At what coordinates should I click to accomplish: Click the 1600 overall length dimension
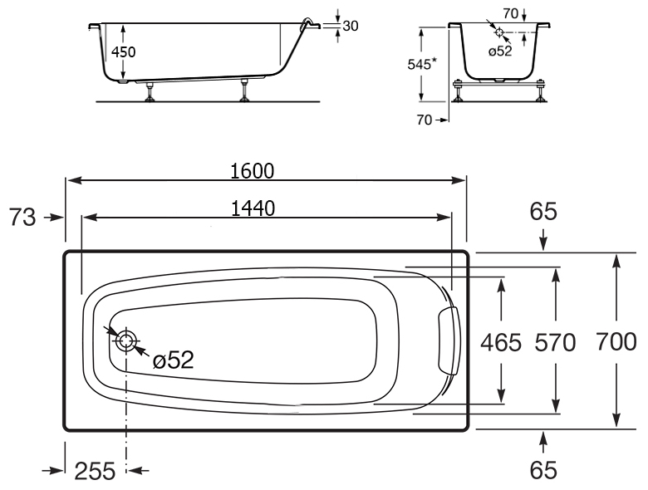point(252,171)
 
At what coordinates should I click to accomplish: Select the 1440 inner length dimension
point(253,208)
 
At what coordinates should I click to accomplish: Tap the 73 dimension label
point(22,218)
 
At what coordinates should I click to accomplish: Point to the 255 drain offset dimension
point(95,471)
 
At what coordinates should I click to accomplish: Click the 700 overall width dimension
point(616,342)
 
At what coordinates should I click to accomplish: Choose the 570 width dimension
point(555,343)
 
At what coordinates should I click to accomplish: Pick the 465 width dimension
point(501,343)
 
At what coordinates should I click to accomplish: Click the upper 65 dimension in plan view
point(543,211)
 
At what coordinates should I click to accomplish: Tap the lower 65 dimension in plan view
point(543,471)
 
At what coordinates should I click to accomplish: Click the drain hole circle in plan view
point(125,341)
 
